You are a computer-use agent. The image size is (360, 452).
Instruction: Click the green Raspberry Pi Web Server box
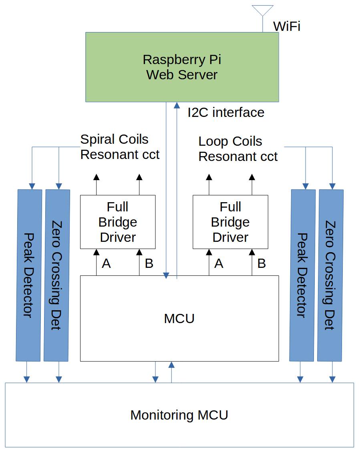pos(182,67)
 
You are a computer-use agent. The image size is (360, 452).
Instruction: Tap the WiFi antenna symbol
pos(263,12)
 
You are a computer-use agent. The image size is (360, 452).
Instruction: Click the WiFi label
pos(286,26)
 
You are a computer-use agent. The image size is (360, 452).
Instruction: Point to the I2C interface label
pos(226,112)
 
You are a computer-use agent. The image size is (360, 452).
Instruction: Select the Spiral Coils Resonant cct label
pos(120,147)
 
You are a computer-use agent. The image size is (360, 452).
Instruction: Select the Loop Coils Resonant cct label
pos(238,149)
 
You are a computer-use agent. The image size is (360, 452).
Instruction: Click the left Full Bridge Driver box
pos(118,222)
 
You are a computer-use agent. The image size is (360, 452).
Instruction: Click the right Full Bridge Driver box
pos(230,222)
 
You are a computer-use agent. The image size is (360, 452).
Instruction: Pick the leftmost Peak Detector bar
pos(28,275)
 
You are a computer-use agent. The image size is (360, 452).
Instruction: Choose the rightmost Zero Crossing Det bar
pos(330,275)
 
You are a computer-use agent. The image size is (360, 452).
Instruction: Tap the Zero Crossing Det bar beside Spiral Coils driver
pos(57,275)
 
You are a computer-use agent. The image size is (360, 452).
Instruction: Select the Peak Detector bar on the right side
pos(302,275)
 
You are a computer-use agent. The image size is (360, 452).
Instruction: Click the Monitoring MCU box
pos(179,415)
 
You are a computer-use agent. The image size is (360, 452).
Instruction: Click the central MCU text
pos(179,319)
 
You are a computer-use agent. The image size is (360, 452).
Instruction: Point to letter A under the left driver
pos(106,263)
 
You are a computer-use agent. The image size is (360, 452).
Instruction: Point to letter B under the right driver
pos(261,263)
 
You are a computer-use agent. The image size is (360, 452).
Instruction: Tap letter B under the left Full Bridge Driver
pos(149,263)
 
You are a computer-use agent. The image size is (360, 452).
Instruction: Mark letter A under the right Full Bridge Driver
pos(219,263)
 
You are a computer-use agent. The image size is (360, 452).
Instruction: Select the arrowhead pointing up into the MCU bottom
pos(171,364)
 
